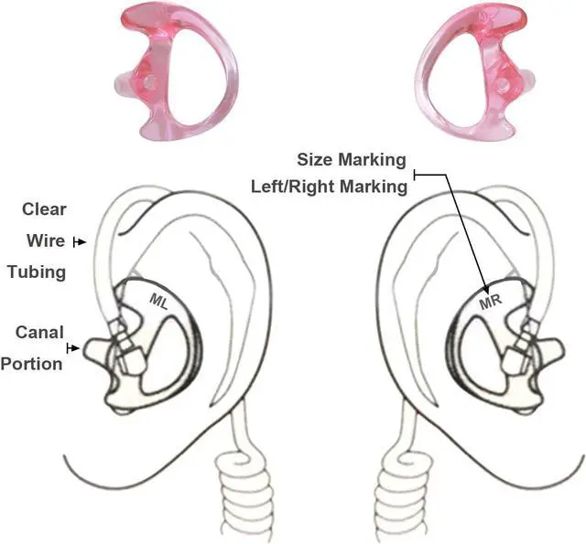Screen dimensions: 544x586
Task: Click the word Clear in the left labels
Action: pos(45,209)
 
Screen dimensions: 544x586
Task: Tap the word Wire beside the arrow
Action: pos(44,241)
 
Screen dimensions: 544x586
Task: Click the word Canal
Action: pos(39,333)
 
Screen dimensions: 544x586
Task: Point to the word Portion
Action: pos(31,363)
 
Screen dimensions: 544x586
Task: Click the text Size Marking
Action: pos(352,160)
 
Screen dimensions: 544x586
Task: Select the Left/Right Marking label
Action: pos(328,187)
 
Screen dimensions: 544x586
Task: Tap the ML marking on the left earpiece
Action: pos(159,298)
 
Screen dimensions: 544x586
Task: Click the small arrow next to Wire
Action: pos(81,242)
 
